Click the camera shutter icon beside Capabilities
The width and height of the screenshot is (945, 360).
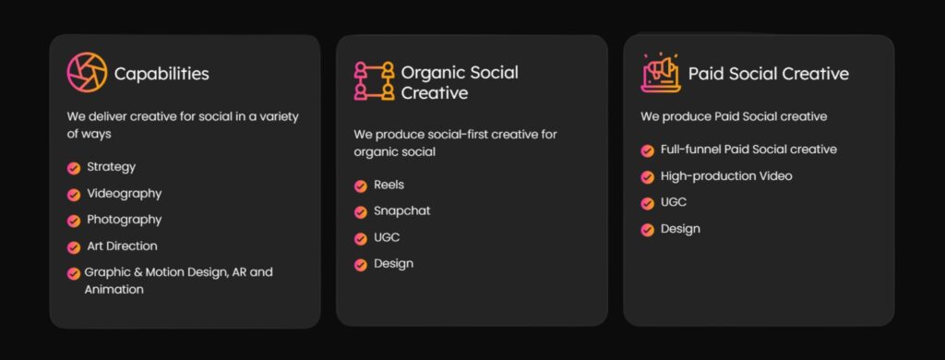pyautogui.click(x=87, y=72)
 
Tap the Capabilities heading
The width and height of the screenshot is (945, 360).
pyautogui.click(x=161, y=74)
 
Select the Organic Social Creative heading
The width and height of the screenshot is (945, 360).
pyautogui.click(x=460, y=82)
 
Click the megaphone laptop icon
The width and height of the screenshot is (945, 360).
pyautogui.click(x=661, y=73)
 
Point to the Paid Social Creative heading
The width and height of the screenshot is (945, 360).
pyautogui.click(x=769, y=74)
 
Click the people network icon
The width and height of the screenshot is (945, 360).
pyautogui.click(x=375, y=81)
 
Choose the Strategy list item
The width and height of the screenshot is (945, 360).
pyautogui.click(x=112, y=167)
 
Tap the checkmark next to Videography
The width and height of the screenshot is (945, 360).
pyautogui.click(x=74, y=195)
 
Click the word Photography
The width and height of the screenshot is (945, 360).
pyautogui.click(x=125, y=220)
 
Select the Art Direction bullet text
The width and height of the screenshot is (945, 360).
pyautogui.click(x=123, y=246)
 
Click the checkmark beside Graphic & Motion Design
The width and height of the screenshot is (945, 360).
pyautogui.click(x=74, y=274)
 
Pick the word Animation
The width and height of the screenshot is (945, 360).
pyautogui.click(x=114, y=290)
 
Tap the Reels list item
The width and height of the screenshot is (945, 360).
pyautogui.click(x=389, y=185)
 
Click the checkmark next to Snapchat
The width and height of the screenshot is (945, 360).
pyautogui.click(x=361, y=212)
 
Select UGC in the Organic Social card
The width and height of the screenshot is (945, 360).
pyautogui.click(x=387, y=237)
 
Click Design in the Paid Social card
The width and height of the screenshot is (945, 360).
pyautogui.click(x=680, y=229)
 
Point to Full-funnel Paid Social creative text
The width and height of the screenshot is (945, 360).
pyautogui.click(x=748, y=149)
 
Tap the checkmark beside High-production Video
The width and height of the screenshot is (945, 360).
pyautogui.click(x=647, y=177)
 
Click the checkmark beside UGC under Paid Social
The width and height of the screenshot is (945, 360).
pyautogui.click(x=647, y=204)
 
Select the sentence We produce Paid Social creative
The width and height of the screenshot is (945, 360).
pyautogui.click(x=734, y=116)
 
